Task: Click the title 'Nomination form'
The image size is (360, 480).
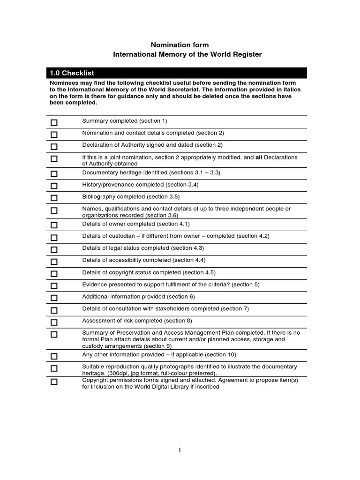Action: coord(180,45)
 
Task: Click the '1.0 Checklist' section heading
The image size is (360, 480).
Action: coord(72,73)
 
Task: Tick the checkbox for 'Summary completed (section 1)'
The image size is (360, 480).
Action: coord(54,122)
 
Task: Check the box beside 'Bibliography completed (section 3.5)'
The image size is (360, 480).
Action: coord(54,198)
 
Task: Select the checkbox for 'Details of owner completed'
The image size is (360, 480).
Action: coord(54,225)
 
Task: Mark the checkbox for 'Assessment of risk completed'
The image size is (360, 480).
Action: coord(54,322)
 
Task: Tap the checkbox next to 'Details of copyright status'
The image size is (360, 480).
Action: coord(54,274)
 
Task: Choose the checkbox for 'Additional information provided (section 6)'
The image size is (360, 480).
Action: coord(54,298)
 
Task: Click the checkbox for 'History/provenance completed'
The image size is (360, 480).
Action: coord(54,186)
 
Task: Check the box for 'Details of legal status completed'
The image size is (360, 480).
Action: coord(54,249)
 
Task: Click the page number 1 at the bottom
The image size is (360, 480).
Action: coord(180,450)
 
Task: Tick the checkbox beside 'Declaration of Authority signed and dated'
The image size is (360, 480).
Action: coord(54,147)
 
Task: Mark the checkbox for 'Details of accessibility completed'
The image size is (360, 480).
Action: coord(54,262)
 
